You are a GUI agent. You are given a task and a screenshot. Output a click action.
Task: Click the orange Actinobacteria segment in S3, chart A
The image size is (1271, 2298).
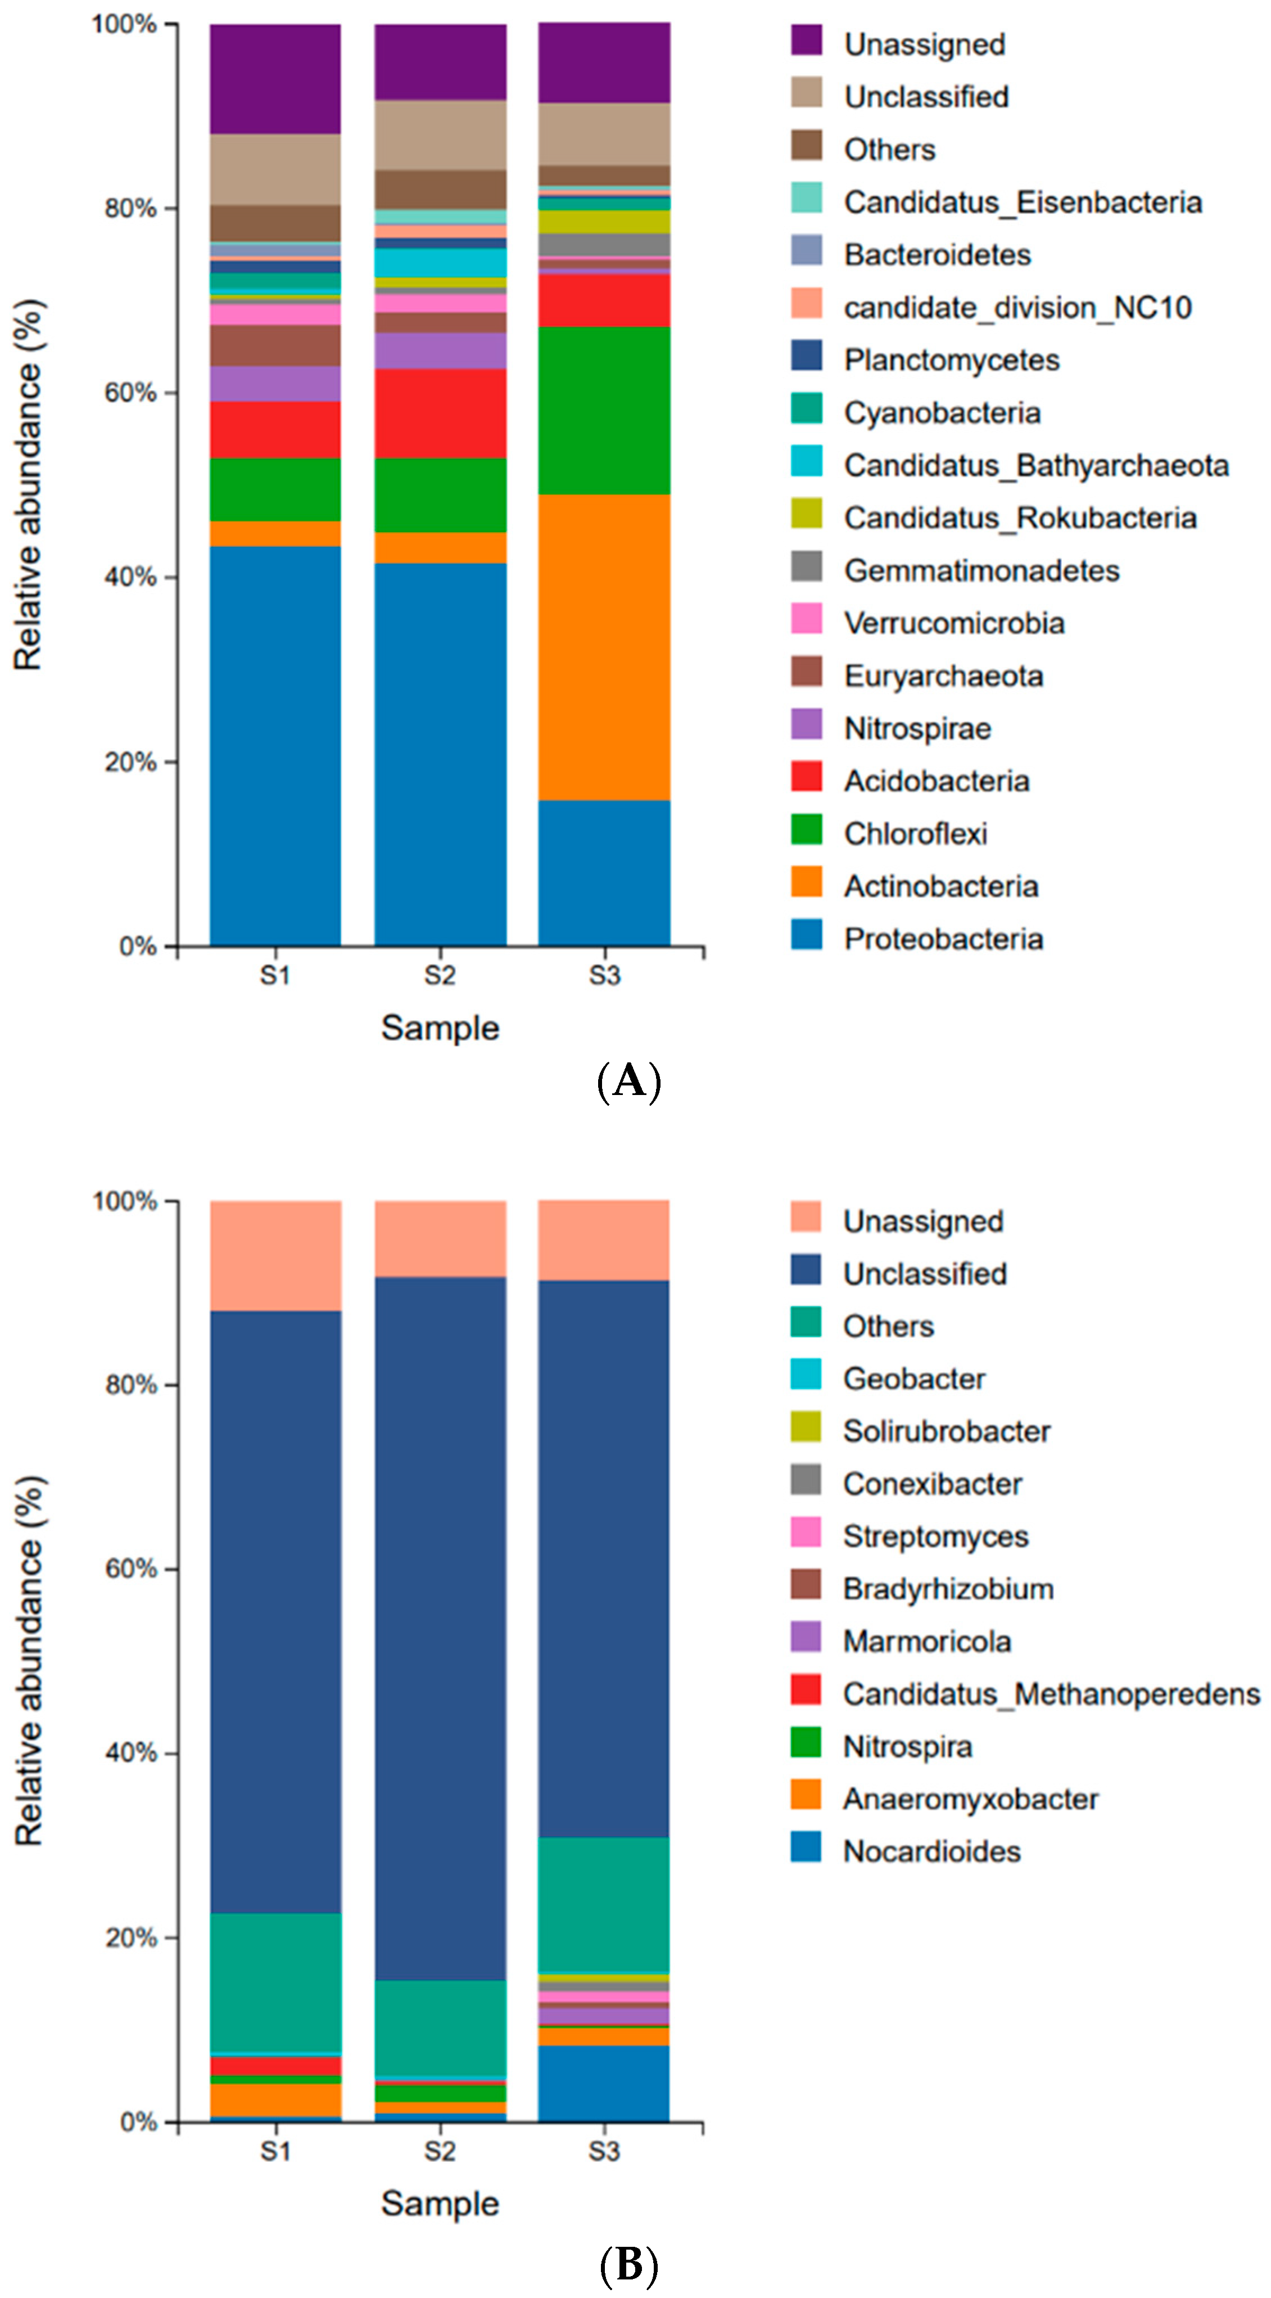pos(604,647)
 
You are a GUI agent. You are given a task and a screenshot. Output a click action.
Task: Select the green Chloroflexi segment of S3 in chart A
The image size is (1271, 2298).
pos(604,411)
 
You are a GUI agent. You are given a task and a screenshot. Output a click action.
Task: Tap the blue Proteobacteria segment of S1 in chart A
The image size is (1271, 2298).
pos(275,745)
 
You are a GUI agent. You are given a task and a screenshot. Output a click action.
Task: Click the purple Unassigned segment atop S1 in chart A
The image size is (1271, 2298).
pos(275,79)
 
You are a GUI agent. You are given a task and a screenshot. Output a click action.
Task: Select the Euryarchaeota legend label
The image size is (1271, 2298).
pos(943,675)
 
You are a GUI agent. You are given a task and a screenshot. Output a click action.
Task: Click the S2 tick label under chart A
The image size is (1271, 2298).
pos(440,975)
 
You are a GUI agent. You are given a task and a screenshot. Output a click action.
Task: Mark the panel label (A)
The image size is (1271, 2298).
pos(629,1081)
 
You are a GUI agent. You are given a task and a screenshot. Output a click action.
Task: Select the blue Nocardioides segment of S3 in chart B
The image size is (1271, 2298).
pos(604,2083)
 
